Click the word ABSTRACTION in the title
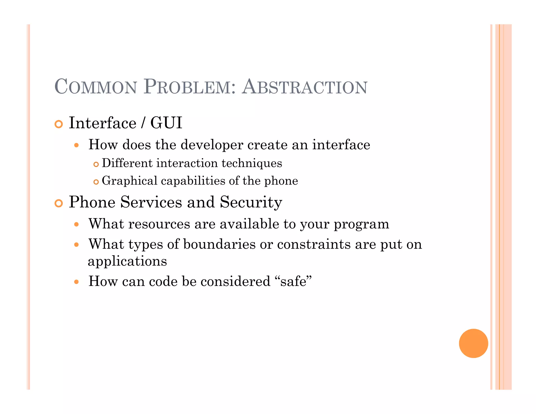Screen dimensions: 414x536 305,87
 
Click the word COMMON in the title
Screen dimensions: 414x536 96,87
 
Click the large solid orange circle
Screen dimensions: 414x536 473,343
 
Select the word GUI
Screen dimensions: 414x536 166,123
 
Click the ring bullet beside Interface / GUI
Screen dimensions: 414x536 59,124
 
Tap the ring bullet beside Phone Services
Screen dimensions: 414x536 59,203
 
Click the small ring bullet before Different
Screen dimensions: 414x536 96,164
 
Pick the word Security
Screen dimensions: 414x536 251,202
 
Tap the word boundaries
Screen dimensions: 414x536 219,244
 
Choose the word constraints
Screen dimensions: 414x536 314,244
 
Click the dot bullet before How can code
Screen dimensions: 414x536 76,282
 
